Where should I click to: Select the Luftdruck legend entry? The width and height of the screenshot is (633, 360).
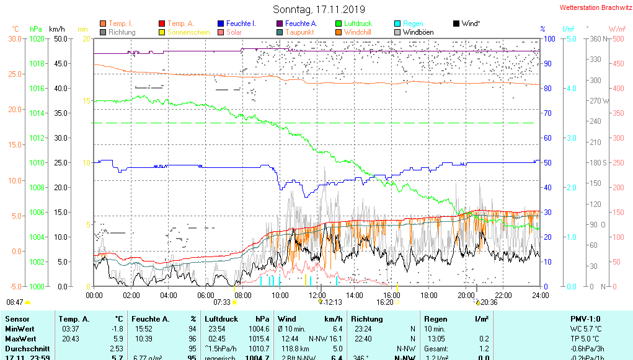click(357, 24)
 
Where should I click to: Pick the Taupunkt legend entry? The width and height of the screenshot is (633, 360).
click(299, 32)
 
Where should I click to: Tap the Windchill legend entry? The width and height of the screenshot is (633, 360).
click(357, 32)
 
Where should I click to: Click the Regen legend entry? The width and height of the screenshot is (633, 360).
click(412, 24)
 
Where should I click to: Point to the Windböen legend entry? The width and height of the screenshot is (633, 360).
click(418, 32)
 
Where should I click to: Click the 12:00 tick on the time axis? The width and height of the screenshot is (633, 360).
click(317, 296)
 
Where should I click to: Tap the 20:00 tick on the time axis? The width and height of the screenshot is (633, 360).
click(466, 296)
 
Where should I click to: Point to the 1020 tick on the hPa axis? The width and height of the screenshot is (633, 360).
click(37, 38)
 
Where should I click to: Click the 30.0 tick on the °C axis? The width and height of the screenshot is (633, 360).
click(14, 38)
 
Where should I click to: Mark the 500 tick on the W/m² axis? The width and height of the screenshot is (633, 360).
click(618, 38)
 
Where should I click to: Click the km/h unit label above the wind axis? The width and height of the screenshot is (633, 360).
click(57, 29)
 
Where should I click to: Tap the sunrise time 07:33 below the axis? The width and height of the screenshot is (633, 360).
click(222, 302)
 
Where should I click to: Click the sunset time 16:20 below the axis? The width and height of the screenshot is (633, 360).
click(386, 302)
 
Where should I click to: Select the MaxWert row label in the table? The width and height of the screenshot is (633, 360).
click(19, 339)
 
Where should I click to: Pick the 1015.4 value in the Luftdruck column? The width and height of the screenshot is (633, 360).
click(259, 339)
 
